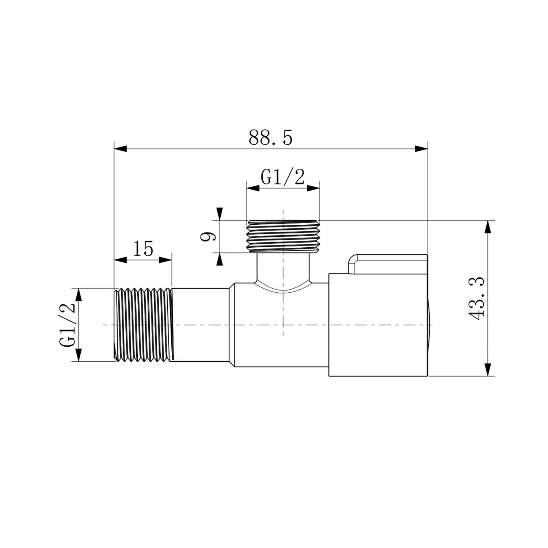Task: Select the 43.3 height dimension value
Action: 476,298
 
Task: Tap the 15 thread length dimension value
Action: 143,249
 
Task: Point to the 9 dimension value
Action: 209,237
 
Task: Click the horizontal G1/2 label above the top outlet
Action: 283,178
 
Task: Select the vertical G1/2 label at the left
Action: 67,325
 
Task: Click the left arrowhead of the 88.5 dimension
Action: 121,149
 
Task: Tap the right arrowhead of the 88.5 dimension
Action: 421,149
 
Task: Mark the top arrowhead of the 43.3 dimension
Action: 487,227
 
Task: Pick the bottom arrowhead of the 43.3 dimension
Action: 487,369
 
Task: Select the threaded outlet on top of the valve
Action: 283,236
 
